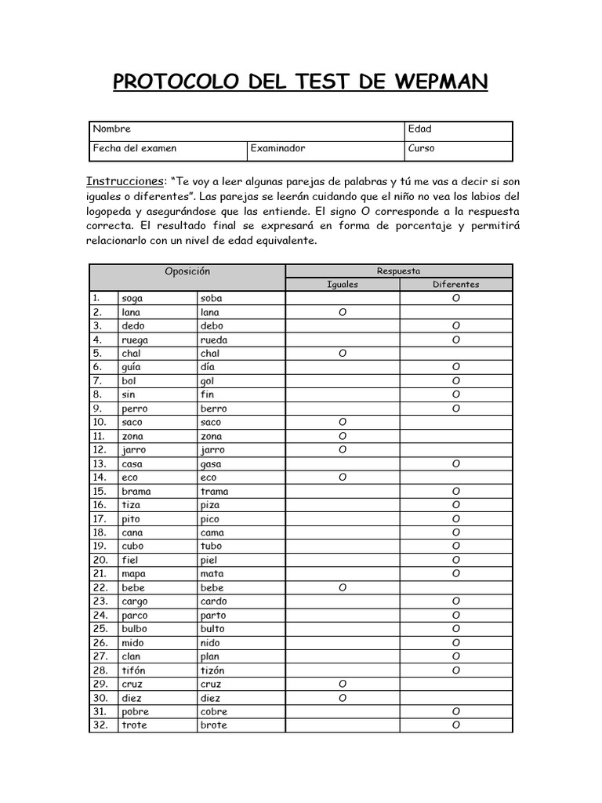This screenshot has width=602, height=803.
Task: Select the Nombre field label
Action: point(112,129)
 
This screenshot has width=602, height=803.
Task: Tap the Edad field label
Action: point(420,129)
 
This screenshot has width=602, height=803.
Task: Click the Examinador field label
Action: point(277,148)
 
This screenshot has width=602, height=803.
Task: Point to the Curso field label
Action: point(421,148)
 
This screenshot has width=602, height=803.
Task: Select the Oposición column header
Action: point(187,271)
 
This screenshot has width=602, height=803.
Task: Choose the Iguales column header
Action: point(343,285)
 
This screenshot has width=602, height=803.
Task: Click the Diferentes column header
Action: point(456,285)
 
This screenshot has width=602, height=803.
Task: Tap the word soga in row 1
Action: point(132,299)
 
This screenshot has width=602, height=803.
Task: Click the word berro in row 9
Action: point(213,409)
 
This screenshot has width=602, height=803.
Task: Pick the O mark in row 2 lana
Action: point(343,312)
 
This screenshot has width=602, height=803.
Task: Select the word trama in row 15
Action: point(214,492)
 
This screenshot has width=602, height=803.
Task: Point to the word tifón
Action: point(134,670)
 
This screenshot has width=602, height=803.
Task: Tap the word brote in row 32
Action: point(213,725)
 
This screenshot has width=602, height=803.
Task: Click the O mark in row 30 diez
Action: point(343,698)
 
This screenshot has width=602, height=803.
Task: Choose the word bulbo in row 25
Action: point(134,629)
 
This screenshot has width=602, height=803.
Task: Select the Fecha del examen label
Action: point(135,148)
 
